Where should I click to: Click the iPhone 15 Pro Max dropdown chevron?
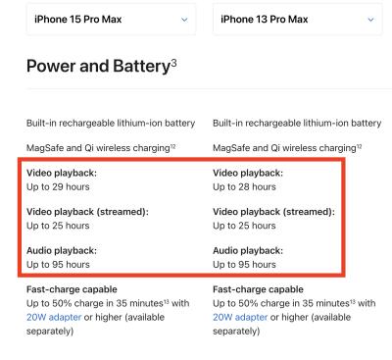coord(184,20)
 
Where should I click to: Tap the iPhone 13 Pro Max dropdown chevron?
coord(370,20)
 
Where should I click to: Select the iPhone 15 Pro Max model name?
coord(77,20)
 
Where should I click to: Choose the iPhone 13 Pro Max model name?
coord(265,20)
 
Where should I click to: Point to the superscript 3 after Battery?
coord(173,62)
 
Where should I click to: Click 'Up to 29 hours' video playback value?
coord(58,187)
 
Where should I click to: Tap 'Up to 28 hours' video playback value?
coord(244,187)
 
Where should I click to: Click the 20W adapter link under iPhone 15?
coord(54,317)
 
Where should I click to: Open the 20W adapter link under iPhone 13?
coord(240,317)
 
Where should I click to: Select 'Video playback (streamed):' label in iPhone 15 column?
coord(87,212)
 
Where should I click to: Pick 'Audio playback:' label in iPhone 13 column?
coord(248,251)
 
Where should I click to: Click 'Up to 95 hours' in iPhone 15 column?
coord(58,265)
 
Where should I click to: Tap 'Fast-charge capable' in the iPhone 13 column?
coord(258,289)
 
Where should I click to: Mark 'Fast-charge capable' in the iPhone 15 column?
coord(72,289)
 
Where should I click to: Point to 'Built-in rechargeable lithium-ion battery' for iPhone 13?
coord(297,124)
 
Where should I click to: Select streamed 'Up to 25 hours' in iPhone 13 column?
coord(244,226)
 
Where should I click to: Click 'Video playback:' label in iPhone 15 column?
coord(62,173)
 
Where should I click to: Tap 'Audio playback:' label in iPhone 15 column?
coord(62,251)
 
